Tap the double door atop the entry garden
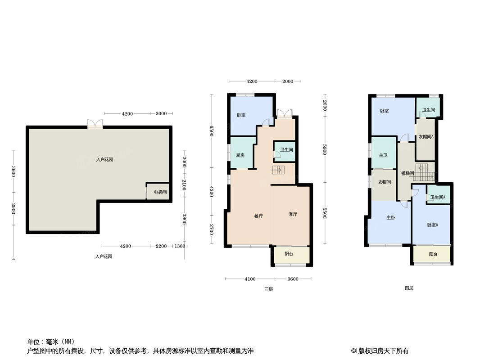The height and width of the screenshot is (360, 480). (95, 124)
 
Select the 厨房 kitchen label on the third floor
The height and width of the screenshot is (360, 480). (240, 155)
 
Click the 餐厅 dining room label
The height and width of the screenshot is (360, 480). (258, 216)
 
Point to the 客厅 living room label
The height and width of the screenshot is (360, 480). (293, 214)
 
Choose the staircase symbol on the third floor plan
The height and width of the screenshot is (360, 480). (278, 170)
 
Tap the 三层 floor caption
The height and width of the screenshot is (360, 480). (268, 289)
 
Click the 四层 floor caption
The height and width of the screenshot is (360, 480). (408, 288)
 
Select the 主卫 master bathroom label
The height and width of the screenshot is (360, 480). (383, 155)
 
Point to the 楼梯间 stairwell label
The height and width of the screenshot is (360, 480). (407, 173)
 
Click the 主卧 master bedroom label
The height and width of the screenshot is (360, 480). (390, 218)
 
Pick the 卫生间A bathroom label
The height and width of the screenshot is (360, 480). (438, 197)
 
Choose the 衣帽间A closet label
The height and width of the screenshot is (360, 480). (426, 137)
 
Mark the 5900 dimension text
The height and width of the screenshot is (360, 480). (325, 149)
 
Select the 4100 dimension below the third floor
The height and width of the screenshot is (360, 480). (250, 279)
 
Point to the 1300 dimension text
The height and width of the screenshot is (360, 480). (179, 246)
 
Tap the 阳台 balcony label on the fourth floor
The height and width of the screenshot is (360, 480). (433, 254)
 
